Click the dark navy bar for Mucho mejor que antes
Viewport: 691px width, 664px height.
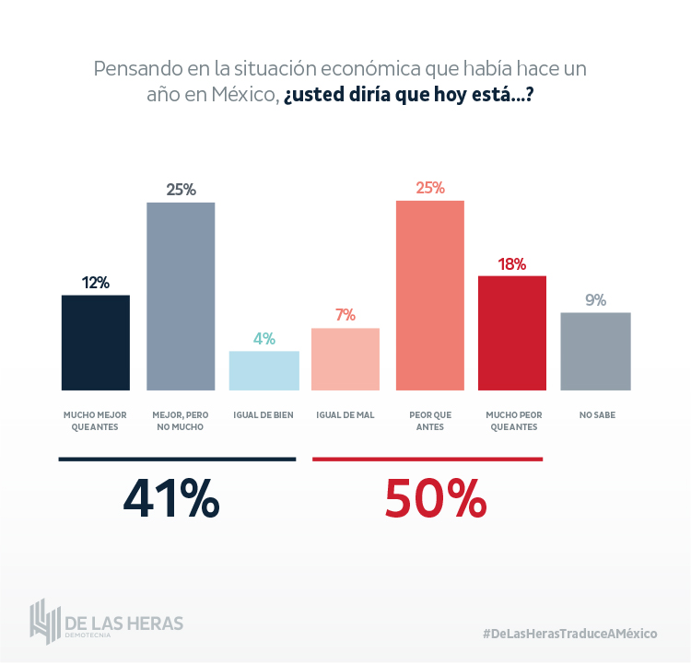pyautogui.click(x=96, y=343)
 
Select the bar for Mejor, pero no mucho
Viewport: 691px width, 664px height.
pyautogui.click(x=181, y=296)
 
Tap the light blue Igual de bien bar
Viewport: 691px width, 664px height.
pyautogui.click(x=264, y=370)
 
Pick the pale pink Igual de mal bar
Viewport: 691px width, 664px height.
pyautogui.click(x=345, y=359)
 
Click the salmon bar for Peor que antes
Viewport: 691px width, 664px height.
pyautogui.click(x=430, y=296)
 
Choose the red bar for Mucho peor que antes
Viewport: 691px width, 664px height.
pyautogui.click(x=512, y=332)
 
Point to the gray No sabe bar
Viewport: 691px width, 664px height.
pyautogui.click(x=595, y=351)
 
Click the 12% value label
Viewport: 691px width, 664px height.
pyautogui.click(x=96, y=283)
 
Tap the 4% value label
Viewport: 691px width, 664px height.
pyautogui.click(x=264, y=339)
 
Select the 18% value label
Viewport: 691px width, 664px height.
pyautogui.click(x=512, y=264)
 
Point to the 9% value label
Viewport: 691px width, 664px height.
pyautogui.click(x=595, y=300)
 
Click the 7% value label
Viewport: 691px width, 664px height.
pyautogui.click(x=345, y=315)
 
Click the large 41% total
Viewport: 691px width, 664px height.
pyautogui.click(x=171, y=499)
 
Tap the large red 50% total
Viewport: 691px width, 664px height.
pyautogui.click(x=435, y=499)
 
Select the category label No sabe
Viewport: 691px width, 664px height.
pyautogui.click(x=597, y=415)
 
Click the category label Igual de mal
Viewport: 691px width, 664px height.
pyautogui.click(x=345, y=415)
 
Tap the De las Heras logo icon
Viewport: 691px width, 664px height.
pyautogui.click(x=44, y=622)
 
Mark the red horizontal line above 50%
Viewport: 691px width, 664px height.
pyautogui.click(x=427, y=458)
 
